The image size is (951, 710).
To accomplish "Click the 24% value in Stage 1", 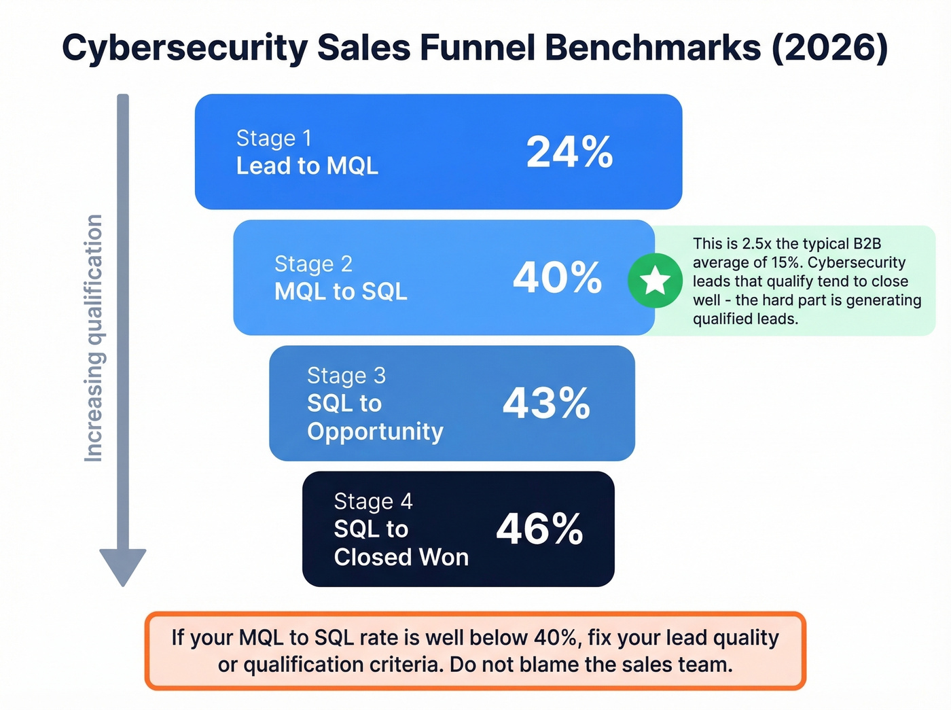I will coord(569,152).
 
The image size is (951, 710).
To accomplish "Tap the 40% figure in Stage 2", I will coord(557,277).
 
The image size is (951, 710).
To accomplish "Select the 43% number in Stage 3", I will coord(546,403).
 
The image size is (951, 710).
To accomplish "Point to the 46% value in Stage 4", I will coord(539,529).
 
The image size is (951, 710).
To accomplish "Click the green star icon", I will coord(655,281).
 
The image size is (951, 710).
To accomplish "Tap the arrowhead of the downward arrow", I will coord(123,565).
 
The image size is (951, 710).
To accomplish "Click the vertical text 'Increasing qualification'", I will coord(93,338).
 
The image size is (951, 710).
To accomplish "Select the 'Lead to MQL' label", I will coord(307,166).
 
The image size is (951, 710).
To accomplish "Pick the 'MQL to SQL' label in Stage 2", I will coord(341,291).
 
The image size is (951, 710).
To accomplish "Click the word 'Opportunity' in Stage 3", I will coord(375,431).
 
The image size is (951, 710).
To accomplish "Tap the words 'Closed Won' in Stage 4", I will coord(401,557).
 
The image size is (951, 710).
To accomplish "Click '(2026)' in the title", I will coord(829,48).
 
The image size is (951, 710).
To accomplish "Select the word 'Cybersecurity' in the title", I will coord(185,48).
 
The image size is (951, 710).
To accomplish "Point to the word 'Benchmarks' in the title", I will coord(653,48).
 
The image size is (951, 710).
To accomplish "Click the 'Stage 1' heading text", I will coord(274,138).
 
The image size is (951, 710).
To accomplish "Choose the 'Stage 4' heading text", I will coord(373,501).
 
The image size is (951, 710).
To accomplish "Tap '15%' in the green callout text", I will coord(785,263).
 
